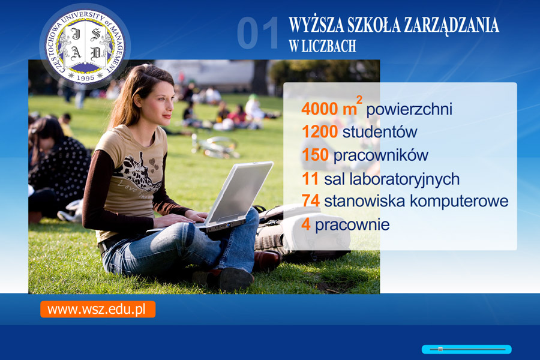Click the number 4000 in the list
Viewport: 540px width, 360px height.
coord(319,109)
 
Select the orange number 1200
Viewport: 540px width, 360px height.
coord(320,131)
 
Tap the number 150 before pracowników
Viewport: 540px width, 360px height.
coord(315,155)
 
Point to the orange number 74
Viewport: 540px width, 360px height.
coord(311,200)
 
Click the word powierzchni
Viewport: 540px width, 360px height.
coord(409,110)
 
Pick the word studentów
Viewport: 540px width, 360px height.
coord(380,131)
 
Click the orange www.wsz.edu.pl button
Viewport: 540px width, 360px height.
coord(98,309)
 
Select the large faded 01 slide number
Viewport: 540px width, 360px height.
coord(258,33)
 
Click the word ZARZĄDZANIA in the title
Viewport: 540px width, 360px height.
coord(451,25)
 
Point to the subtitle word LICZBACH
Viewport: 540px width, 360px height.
coord(329,46)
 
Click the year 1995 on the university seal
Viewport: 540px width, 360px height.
coord(85,78)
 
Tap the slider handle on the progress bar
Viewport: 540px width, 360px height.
coord(440,349)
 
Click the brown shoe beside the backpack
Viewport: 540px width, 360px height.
coord(267,260)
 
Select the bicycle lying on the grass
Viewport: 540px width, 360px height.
coord(215,147)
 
